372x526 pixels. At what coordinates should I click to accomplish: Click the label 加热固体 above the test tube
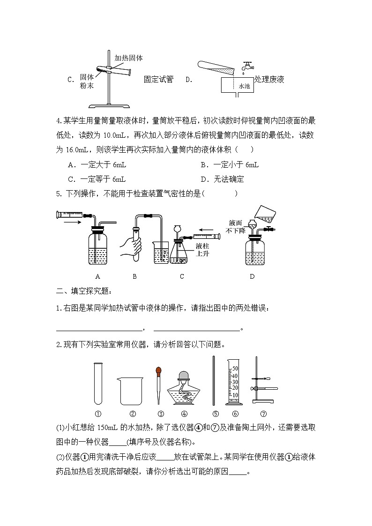(128, 58)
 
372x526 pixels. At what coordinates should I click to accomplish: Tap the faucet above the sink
(245, 67)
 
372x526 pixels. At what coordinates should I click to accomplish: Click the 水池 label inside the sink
(245, 86)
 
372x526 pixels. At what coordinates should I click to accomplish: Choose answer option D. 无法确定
(222, 179)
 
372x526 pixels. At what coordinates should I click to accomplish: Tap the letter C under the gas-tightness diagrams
(182, 276)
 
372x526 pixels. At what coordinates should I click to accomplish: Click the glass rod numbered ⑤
(214, 380)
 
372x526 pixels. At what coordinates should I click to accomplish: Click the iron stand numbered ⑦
(260, 382)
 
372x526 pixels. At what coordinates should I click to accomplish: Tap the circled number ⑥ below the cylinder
(235, 414)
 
